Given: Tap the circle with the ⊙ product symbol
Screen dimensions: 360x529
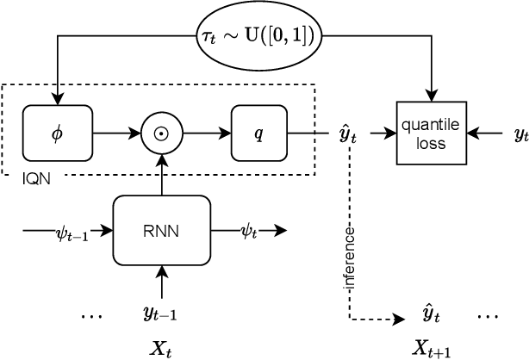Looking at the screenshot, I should tap(162, 133).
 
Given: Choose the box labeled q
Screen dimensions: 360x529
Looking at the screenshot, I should tap(257, 133).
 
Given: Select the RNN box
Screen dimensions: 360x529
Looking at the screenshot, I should tap(162, 230).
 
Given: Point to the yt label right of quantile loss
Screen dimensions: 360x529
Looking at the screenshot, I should tap(520, 134).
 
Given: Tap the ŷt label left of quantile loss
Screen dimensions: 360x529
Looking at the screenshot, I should tap(349, 134).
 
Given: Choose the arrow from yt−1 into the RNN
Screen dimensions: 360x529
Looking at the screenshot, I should tap(162, 282).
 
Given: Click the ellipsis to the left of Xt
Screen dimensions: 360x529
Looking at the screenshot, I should tap(90, 316).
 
